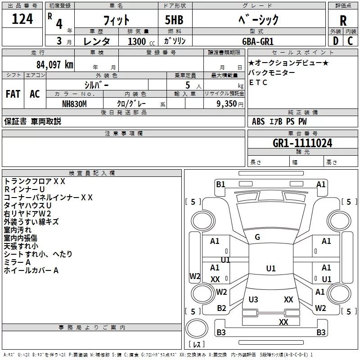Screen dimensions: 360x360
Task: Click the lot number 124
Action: click(x=22, y=19)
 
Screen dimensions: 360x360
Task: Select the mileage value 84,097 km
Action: click(x=55, y=65)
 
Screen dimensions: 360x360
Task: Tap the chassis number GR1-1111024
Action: click(x=302, y=143)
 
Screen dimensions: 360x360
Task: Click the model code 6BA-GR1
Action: click(x=258, y=41)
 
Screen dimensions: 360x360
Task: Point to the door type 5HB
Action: click(x=174, y=20)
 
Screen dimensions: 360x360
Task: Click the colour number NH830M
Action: click(x=74, y=104)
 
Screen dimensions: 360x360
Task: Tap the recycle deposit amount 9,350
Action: click(x=227, y=104)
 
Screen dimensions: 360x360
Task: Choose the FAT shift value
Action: click(x=13, y=94)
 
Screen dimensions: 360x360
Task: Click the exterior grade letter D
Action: click(x=336, y=41)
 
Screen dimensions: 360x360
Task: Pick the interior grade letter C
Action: click(x=350, y=41)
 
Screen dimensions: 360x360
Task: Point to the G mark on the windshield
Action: click(x=257, y=237)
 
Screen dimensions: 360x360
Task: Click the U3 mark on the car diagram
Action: click(x=253, y=300)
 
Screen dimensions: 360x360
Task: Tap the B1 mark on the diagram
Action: click(x=220, y=184)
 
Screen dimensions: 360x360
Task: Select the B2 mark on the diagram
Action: click(x=221, y=308)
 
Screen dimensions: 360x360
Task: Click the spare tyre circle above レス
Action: click(x=197, y=328)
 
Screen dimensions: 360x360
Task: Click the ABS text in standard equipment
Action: click(x=258, y=121)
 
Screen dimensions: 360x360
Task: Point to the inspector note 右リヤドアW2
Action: click(x=27, y=213)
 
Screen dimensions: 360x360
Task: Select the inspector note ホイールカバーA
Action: click(x=31, y=270)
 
